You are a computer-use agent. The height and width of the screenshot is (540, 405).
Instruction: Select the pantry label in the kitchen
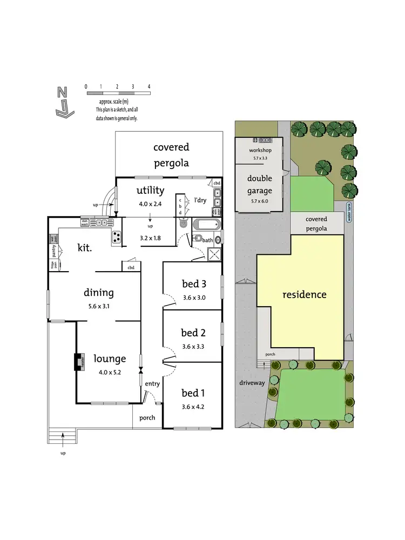pyautogui.click(x=54, y=251)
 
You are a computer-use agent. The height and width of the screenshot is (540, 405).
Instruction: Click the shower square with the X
pyautogui.click(x=214, y=255)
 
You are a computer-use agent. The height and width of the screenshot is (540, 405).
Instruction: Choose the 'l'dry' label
pyautogui.click(x=200, y=200)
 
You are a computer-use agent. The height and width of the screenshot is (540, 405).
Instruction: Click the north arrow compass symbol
pyautogui.click(x=63, y=102)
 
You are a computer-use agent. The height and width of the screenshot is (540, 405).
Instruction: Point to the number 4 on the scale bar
pyautogui.click(x=149, y=86)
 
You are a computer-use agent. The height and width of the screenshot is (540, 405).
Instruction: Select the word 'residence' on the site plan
pyautogui.click(x=305, y=295)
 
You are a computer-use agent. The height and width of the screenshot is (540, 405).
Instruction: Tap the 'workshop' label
pyautogui.click(x=260, y=150)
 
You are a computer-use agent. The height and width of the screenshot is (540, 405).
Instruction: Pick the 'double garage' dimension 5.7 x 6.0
pyautogui.click(x=260, y=201)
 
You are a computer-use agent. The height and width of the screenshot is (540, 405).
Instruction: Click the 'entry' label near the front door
pyautogui.click(x=152, y=383)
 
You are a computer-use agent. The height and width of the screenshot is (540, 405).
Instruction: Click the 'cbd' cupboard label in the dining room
pyautogui.click(x=131, y=267)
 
